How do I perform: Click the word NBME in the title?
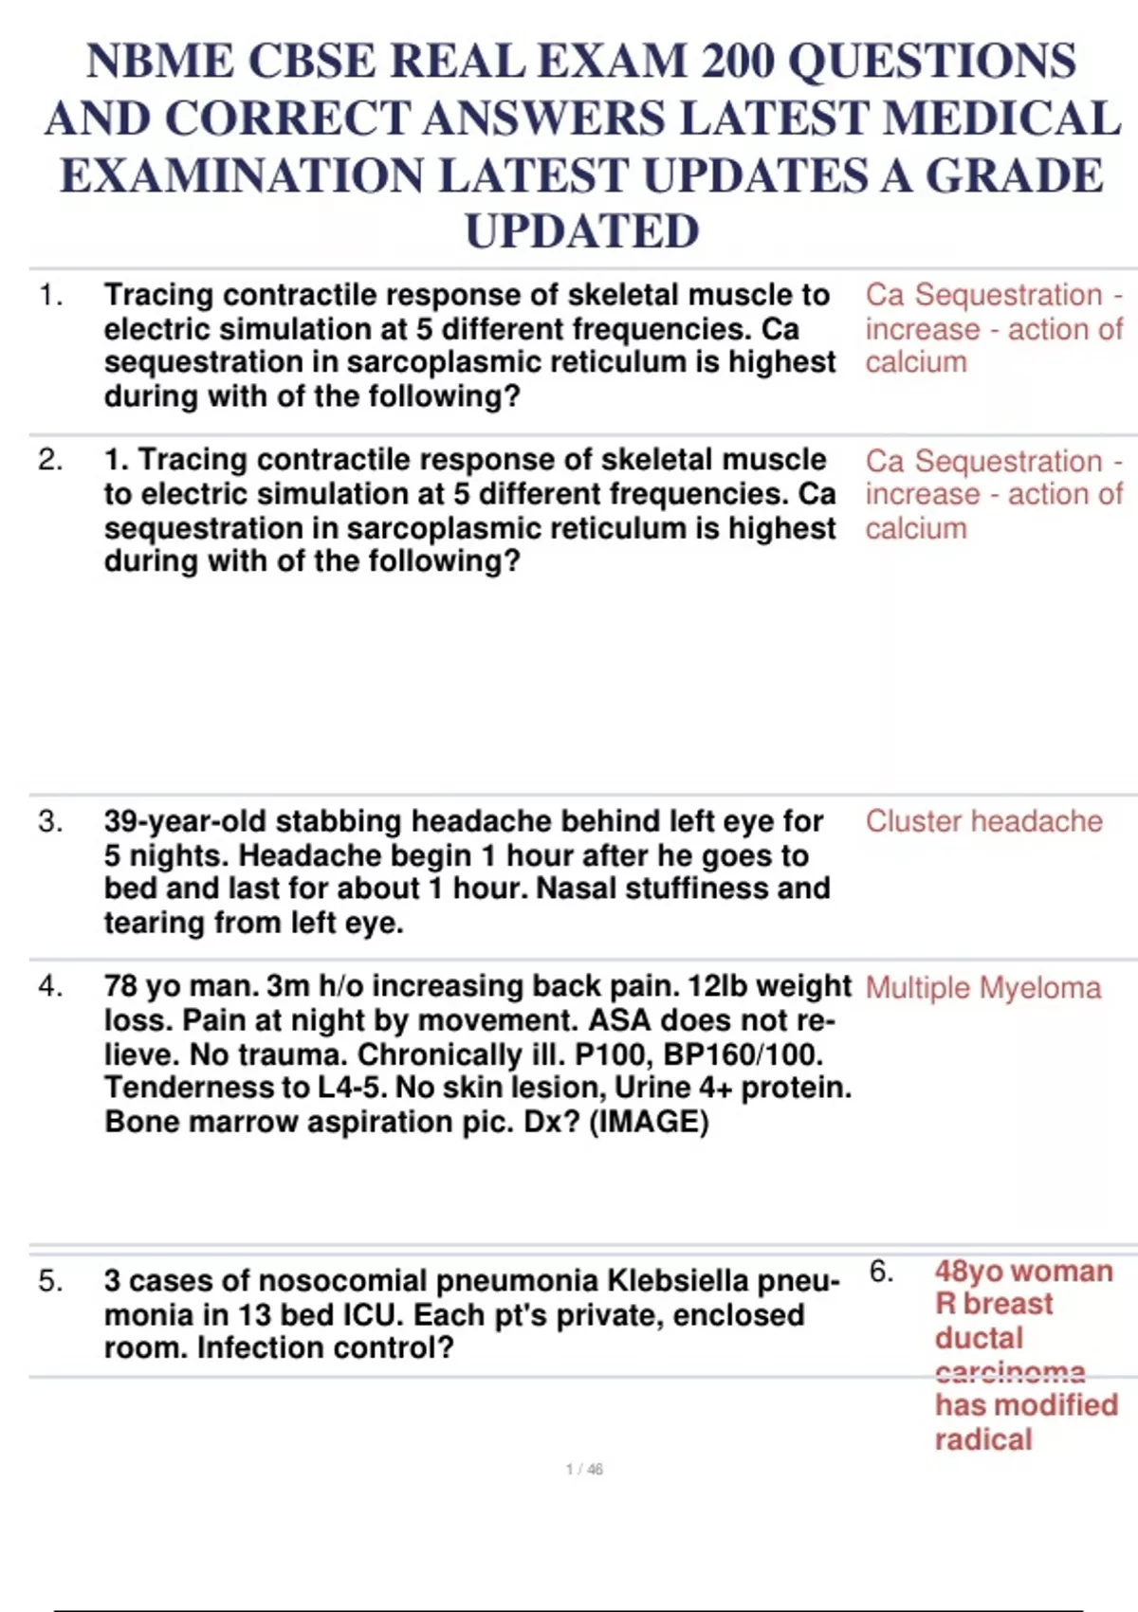(158, 62)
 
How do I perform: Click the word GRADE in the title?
(1014, 176)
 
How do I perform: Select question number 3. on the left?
(50, 821)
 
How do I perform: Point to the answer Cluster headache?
(983, 821)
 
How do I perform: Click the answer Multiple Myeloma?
(982, 988)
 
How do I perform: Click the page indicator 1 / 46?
(584, 1470)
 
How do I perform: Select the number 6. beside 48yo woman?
(881, 1272)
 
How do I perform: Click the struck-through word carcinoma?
(1010, 1371)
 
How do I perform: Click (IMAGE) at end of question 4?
(649, 1122)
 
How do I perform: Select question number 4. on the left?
(50, 987)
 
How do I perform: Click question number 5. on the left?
(50, 1282)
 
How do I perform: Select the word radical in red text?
(982, 1439)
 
